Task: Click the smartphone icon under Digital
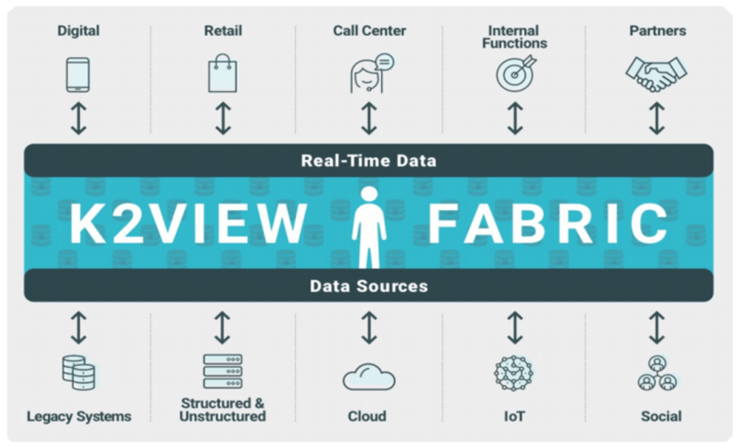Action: pos(78,75)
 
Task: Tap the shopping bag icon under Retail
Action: pos(223,73)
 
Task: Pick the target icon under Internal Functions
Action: pos(516,73)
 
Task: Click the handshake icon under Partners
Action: pos(656,74)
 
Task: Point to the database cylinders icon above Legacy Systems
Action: pos(79,373)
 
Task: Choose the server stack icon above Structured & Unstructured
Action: pos(223,371)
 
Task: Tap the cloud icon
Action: pos(369,376)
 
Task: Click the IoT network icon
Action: pos(514,373)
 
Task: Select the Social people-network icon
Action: pos(657,373)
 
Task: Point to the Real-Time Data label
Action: pos(369,161)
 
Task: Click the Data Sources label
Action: pos(369,286)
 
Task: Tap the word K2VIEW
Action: pos(189,224)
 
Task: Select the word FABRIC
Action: pos(548,224)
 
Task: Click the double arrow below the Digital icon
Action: pos(79,118)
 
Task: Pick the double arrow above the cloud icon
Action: pos(369,327)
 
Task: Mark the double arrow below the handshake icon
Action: pos(657,118)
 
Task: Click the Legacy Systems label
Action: pos(79,416)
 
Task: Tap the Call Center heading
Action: pos(369,30)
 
